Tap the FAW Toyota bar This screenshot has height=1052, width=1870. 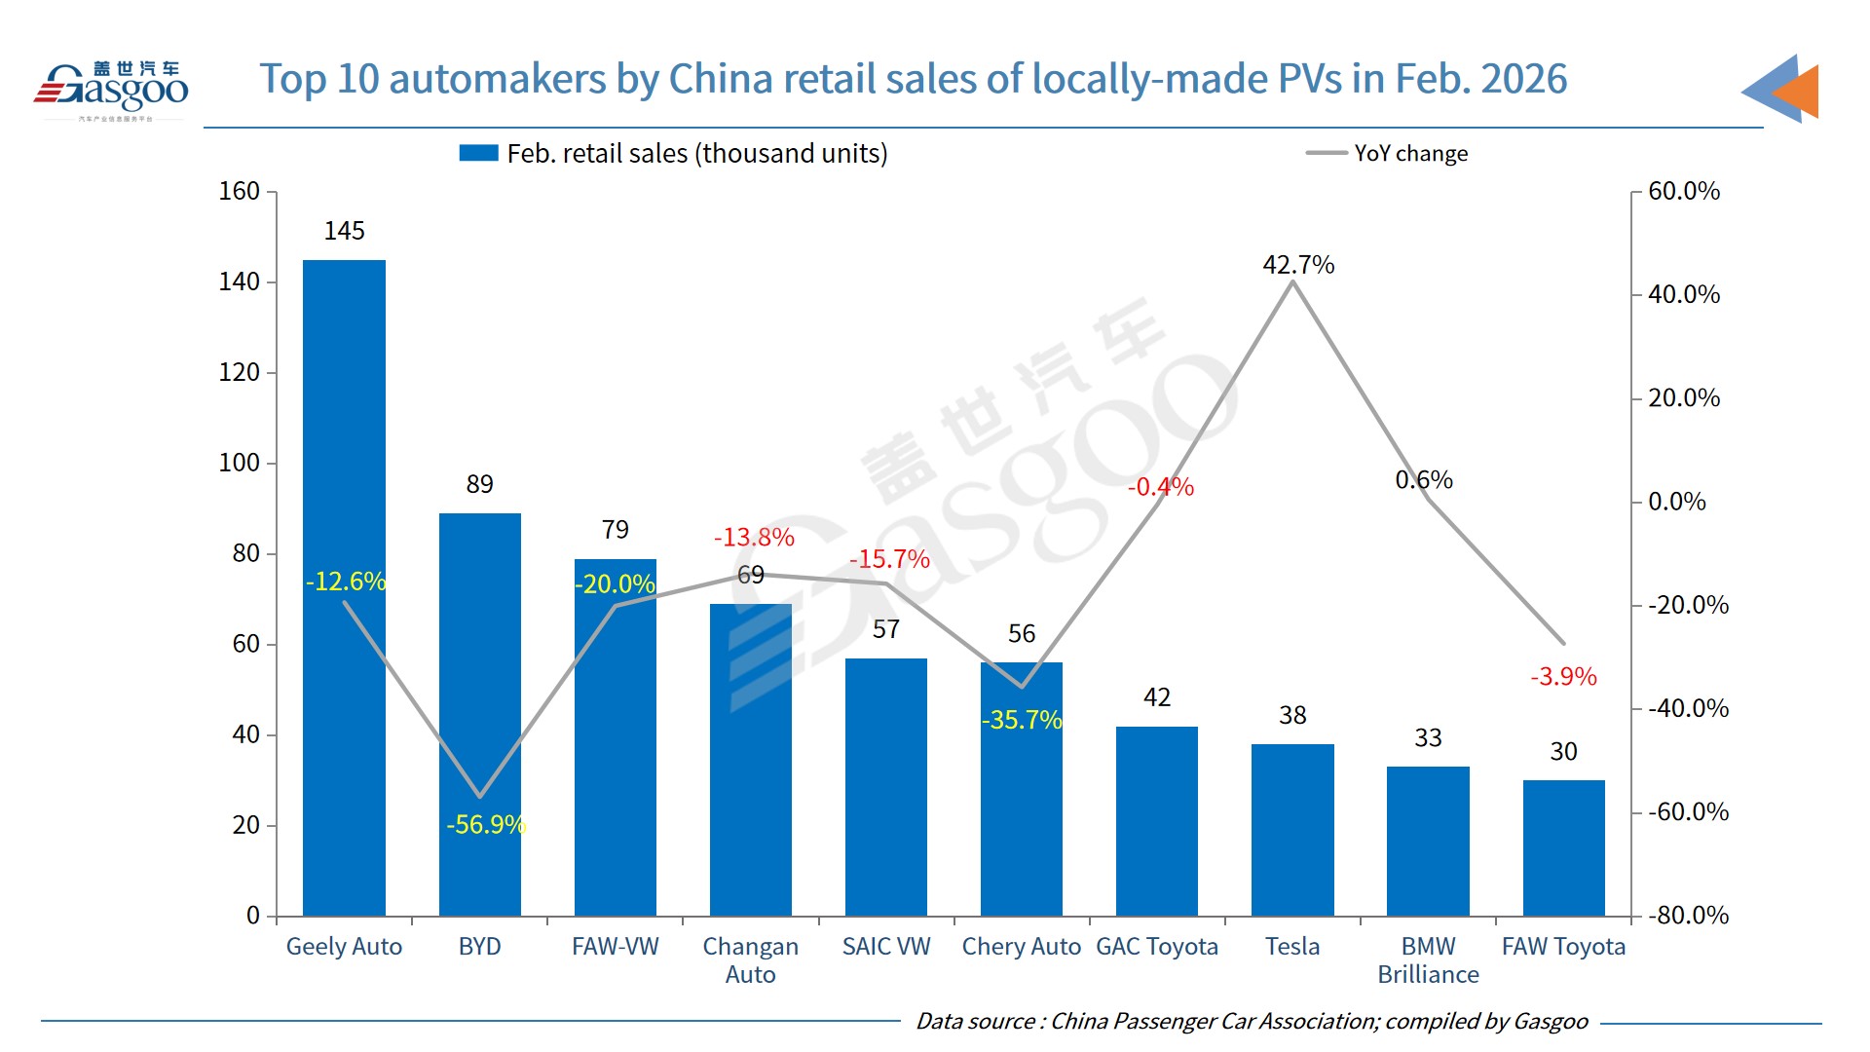coord(1563,847)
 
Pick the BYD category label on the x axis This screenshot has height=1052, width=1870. coord(479,947)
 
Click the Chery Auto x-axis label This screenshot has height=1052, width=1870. coord(1021,947)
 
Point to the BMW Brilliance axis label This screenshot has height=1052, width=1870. coord(1428,960)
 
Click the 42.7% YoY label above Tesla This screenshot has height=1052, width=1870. coord(1298,265)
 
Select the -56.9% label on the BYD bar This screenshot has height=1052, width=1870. coord(486,825)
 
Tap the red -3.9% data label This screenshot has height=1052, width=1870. coord(1563,677)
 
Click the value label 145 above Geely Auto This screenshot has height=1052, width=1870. coord(344,231)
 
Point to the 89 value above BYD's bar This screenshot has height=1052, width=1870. coord(479,484)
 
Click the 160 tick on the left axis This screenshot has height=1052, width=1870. coord(239,191)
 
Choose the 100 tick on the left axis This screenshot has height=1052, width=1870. coord(239,463)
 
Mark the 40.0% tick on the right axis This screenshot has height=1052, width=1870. coord(1683,294)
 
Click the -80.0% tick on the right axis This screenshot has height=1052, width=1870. coord(1688,916)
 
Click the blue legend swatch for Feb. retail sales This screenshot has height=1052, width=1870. coord(478,153)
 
